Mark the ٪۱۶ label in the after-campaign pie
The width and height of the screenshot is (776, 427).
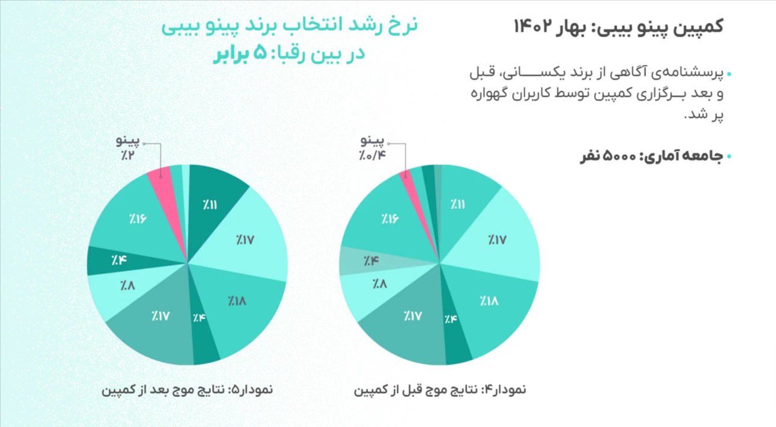138,218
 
